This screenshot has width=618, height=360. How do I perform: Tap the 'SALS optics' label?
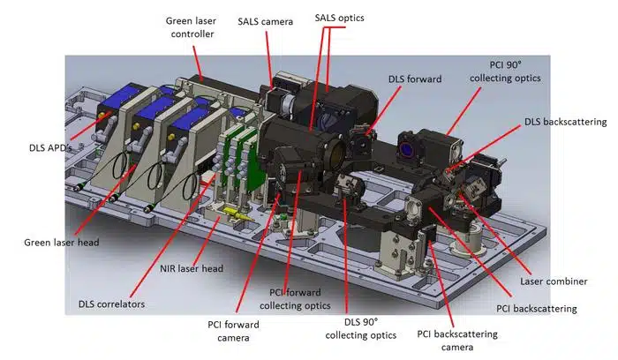point(339,18)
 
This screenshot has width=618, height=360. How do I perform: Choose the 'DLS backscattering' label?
point(564,121)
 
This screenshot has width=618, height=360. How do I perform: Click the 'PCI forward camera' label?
point(234,330)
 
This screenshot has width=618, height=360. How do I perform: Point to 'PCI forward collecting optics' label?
point(296,298)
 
